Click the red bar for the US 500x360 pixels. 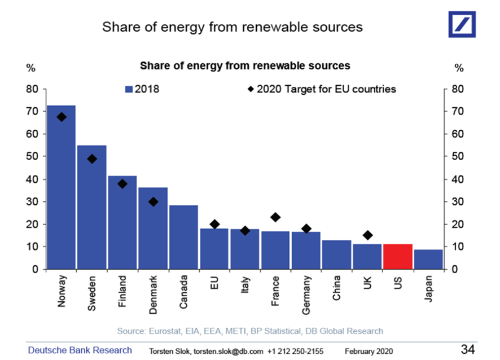tap(398, 257)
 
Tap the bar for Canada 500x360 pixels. tap(183, 237)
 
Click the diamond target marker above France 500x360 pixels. tap(275, 217)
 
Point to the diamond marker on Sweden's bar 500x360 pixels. tap(92, 159)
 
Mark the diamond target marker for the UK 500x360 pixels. tap(367, 235)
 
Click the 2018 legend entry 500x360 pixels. tap(142, 89)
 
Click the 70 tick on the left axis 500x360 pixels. tap(32, 112)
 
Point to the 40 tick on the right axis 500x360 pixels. tap(458, 179)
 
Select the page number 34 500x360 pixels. tap(468, 349)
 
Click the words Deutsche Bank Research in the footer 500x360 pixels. tap(80, 350)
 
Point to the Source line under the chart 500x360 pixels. tap(250, 331)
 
